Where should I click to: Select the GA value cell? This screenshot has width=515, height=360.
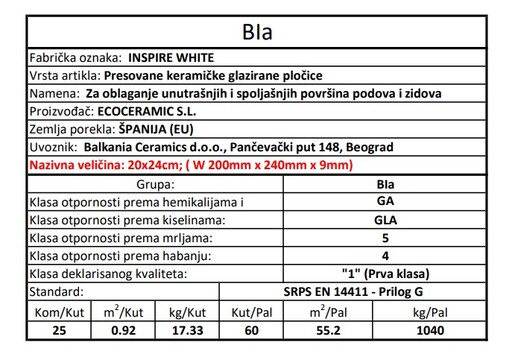click(385, 204)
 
